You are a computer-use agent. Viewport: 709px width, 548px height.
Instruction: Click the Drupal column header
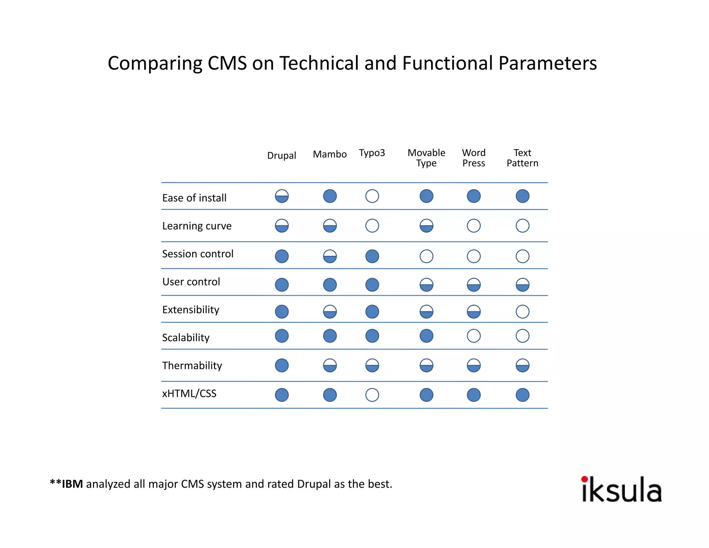pyautogui.click(x=281, y=156)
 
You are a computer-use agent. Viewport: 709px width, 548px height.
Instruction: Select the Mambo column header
pyautogui.click(x=330, y=154)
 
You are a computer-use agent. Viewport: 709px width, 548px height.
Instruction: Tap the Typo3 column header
pyautogui.click(x=372, y=153)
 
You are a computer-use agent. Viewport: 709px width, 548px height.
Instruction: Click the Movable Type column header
pyautogui.click(x=426, y=158)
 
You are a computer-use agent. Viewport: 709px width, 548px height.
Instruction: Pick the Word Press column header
pyautogui.click(x=474, y=158)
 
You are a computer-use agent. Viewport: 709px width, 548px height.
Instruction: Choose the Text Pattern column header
pyautogui.click(x=522, y=158)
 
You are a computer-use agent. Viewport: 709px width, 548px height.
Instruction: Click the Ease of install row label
pyautogui.click(x=194, y=198)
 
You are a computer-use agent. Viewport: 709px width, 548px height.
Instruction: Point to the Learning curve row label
pyautogui.click(x=197, y=226)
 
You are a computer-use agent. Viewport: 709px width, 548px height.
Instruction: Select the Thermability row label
pyautogui.click(x=192, y=365)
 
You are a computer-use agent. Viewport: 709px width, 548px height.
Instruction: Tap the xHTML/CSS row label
pyautogui.click(x=189, y=394)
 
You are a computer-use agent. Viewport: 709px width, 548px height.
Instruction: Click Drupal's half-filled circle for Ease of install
pyautogui.click(x=282, y=196)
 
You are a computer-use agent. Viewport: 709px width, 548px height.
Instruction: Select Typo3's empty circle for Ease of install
pyautogui.click(x=372, y=196)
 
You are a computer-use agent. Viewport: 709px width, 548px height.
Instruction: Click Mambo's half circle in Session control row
pyautogui.click(x=330, y=256)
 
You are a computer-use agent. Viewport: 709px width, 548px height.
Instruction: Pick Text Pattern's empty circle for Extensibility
pyautogui.click(x=522, y=311)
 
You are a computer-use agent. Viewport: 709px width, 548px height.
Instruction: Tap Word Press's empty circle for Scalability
pyautogui.click(x=474, y=336)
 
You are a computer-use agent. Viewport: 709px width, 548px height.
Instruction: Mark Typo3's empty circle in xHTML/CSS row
pyautogui.click(x=372, y=395)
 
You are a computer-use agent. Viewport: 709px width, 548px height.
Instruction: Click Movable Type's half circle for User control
pyautogui.click(x=426, y=285)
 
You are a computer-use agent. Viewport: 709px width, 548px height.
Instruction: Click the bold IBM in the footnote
pyautogui.click(x=72, y=484)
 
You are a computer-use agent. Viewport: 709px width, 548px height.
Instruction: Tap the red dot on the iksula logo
pyautogui.click(x=585, y=479)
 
